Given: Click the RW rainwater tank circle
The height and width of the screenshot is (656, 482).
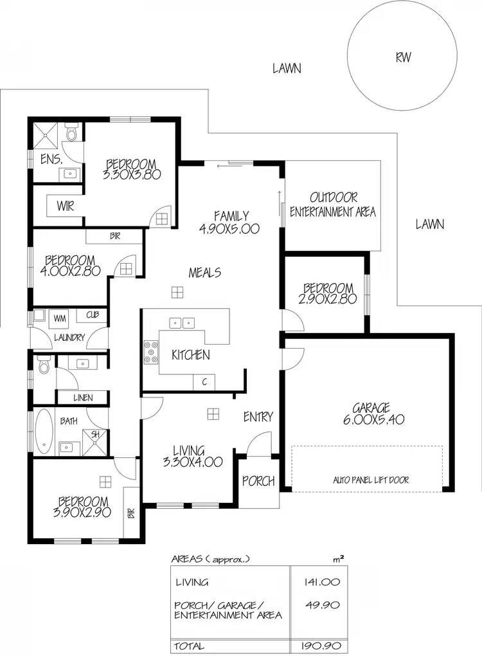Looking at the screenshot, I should point(403,57).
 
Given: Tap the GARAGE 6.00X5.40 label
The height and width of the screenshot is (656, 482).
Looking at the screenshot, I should point(371,414).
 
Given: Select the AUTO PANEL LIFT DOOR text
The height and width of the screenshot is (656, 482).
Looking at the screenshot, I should point(370,480).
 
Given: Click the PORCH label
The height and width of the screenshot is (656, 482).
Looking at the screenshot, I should point(258,481).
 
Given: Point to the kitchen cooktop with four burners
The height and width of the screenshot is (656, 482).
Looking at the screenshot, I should point(152,351).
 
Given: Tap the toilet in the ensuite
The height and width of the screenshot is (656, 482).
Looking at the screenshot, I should point(72,133).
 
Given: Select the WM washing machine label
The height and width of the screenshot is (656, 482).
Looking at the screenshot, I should point(60,318).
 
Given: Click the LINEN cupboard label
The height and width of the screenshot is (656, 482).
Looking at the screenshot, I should point(83,398).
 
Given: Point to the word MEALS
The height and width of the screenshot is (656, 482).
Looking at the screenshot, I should point(204,273).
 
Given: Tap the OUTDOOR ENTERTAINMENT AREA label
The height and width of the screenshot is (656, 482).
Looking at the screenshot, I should point(332,204).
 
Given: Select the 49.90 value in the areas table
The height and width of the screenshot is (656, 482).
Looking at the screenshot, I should point(324,605).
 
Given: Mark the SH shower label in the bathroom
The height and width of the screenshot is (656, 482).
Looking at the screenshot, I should point(96,435).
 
